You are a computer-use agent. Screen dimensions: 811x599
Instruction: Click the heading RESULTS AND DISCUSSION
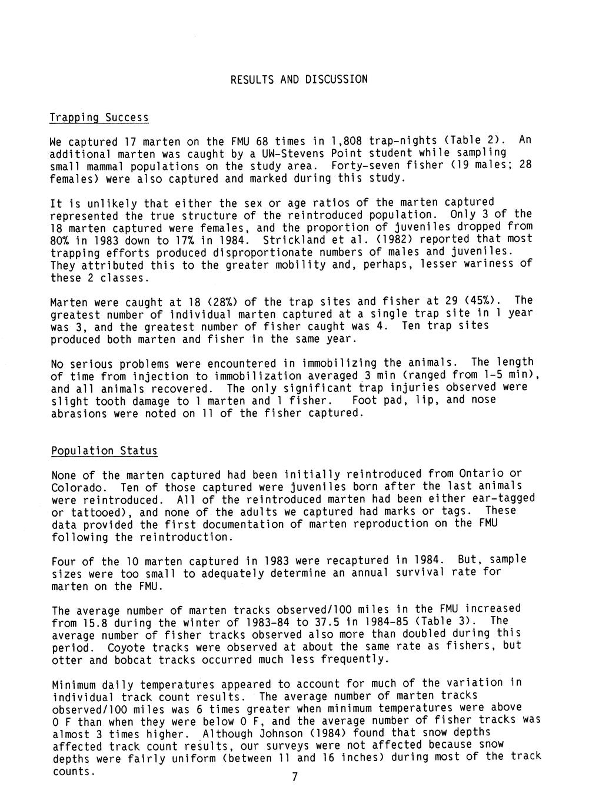(x=299, y=79)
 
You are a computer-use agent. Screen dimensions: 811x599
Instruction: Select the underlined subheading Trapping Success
(x=99, y=118)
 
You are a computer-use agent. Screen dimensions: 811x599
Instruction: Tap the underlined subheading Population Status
(x=104, y=451)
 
